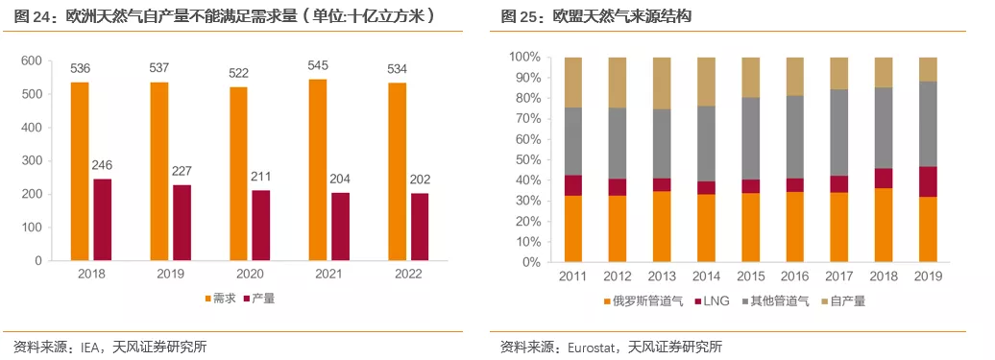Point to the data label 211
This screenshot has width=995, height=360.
[261, 178]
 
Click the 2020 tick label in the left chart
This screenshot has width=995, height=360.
[251, 275]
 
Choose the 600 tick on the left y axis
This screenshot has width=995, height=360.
[31, 61]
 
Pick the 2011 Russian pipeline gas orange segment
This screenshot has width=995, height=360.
[573, 228]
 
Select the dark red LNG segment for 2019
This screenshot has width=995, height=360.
[929, 181]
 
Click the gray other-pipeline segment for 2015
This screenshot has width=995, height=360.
[751, 138]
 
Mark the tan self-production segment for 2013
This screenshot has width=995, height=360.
[662, 84]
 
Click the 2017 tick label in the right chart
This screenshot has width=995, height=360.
[840, 276]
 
